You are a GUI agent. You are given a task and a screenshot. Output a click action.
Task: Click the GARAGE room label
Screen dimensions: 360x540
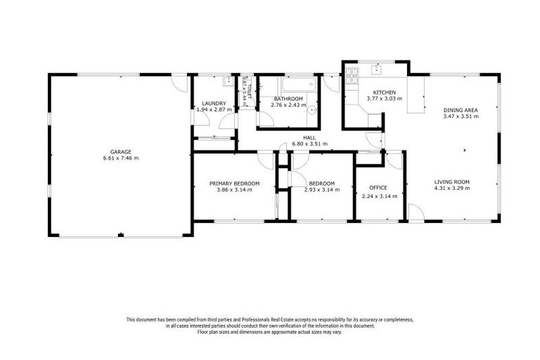(x=120, y=151)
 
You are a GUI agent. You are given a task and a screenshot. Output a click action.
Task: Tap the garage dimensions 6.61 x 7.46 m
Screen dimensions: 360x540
(x=120, y=158)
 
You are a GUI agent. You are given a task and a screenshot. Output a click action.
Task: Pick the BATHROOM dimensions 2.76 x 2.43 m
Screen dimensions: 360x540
(x=288, y=105)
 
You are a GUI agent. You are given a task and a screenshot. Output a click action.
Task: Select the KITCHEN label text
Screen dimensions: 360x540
(x=384, y=92)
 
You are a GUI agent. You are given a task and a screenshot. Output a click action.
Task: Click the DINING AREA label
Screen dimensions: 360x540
(x=461, y=110)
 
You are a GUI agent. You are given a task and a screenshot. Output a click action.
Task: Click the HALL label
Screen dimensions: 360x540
(x=309, y=138)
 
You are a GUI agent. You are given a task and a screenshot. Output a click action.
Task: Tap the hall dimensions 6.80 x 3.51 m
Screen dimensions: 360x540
(x=309, y=145)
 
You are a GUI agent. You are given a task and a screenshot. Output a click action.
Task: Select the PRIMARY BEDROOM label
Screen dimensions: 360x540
(x=234, y=184)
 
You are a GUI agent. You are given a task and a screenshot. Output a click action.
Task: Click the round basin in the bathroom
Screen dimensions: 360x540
(x=313, y=110)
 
